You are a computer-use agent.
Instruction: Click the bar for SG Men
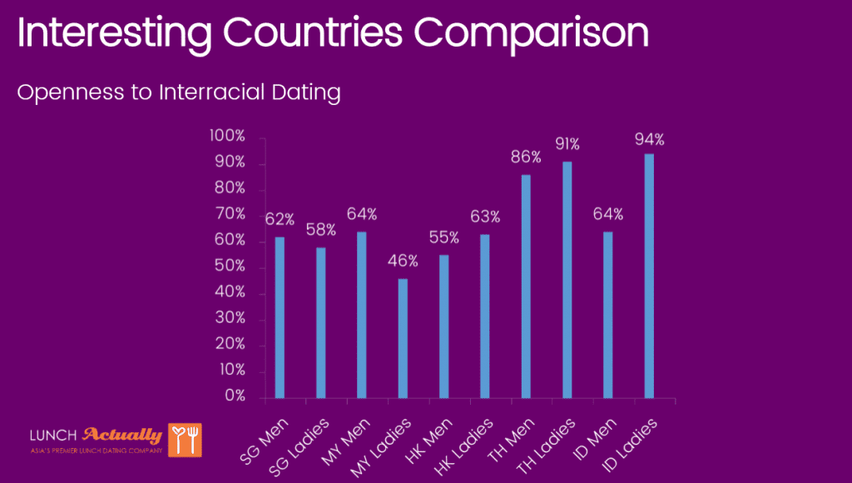click(x=280, y=317)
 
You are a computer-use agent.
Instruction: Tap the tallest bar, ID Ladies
click(x=649, y=276)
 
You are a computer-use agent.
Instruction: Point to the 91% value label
click(x=567, y=144)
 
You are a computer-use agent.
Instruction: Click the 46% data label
click(x=403, y=261)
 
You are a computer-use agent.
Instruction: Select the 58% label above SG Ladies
click(x=320, y=229)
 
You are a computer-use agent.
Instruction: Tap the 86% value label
click(x=526, y=157)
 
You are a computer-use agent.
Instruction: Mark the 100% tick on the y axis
click(x=228, y=137)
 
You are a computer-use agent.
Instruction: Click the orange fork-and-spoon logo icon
click(x=185, y=440)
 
